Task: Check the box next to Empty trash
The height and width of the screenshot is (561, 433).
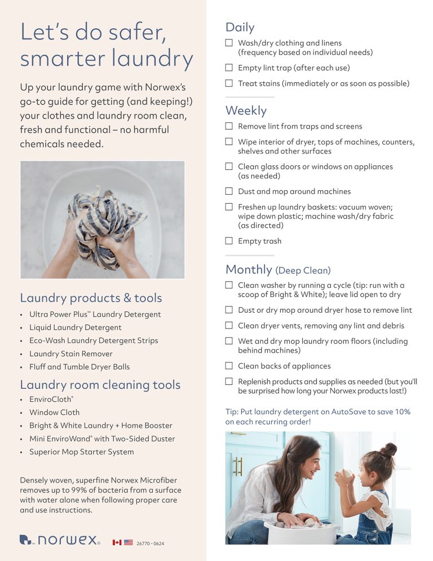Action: tap(229, 241)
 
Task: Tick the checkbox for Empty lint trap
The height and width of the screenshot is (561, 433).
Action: tap(229, 68)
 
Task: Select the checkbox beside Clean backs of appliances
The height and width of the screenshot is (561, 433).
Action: tap(229, 366)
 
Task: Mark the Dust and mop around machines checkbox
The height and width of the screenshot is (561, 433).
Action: tap(229, 191)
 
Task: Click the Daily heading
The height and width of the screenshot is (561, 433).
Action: tap(240, 27)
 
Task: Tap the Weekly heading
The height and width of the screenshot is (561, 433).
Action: tap(246, 110)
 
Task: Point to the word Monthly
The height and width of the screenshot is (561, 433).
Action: tap(249, 269)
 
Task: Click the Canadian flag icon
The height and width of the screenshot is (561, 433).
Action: tap(117, 542)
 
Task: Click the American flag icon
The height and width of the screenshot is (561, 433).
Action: tap(129, 542)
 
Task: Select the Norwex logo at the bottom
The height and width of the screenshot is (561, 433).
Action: tap(60, 540)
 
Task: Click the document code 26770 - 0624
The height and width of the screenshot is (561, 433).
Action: tap(151, 544)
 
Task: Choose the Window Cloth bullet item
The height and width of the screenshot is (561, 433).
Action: tap(55, 413)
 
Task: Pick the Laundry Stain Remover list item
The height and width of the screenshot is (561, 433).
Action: tap(71, 354)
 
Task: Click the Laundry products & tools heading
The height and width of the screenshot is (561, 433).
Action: tap(91, 298)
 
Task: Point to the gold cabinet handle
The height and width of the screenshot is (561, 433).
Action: tap(238, 466)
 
